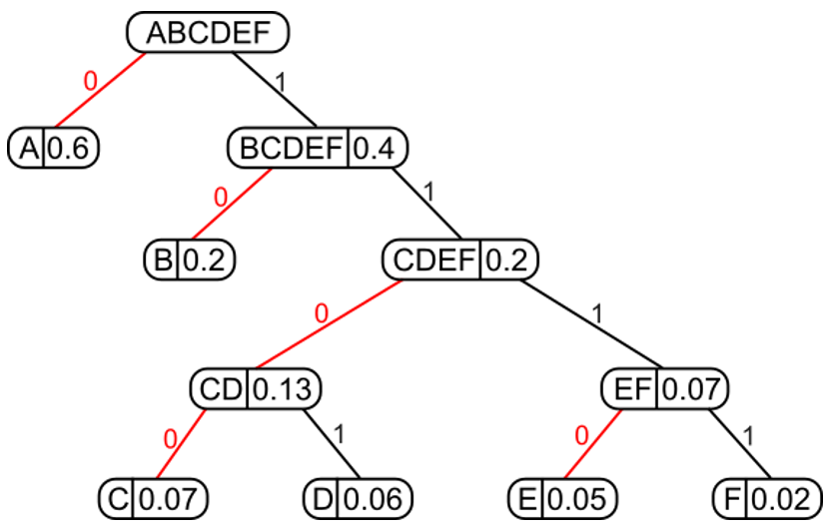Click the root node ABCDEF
pyautogui.click(x=208, y=33)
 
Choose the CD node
pyautogui.click(x=255, y=387)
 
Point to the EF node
pyautogui.click(x=664, y=387)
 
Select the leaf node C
pyautogui.click(x=155, y=497)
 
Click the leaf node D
pyautogui.click(x=359, y=497)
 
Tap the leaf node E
pyautogui.click(x=563, y=497)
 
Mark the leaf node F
pyautogui.click(x=766, y=497)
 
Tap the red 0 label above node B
pyautogui.click(x=221, y=196)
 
